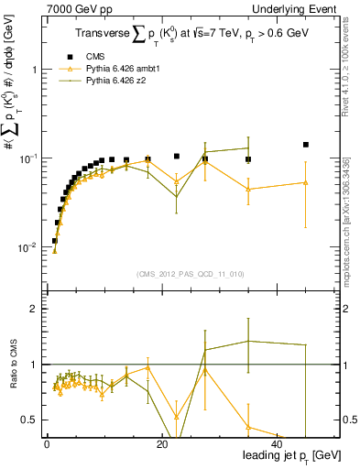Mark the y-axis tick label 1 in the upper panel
(34, 70)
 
